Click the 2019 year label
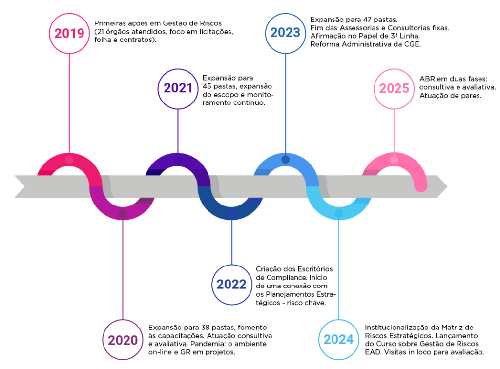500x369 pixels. (x=69, y=33)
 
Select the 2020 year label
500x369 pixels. (x=123, y=340)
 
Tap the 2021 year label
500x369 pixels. (x=178, y=88)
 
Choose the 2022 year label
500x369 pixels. (x=232, y=285)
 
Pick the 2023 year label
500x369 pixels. (x=286, y=33)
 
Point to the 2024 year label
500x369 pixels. (x=339, y=339)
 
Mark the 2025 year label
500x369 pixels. (x=394, y=88)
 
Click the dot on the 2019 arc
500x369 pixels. (x=69, y=160)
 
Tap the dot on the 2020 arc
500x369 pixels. (x=123, y=213)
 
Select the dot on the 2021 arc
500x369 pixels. (x=178, y=160)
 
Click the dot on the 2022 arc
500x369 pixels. (x=232, y=213)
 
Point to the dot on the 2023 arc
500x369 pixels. (x=286, y=160)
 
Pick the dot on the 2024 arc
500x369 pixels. (x=339, y=213)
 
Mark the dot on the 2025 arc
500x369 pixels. (x=394, y=160)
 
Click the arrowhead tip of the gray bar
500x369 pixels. (x=446, y=186)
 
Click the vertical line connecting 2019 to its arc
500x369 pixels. (x=69, y=102)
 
